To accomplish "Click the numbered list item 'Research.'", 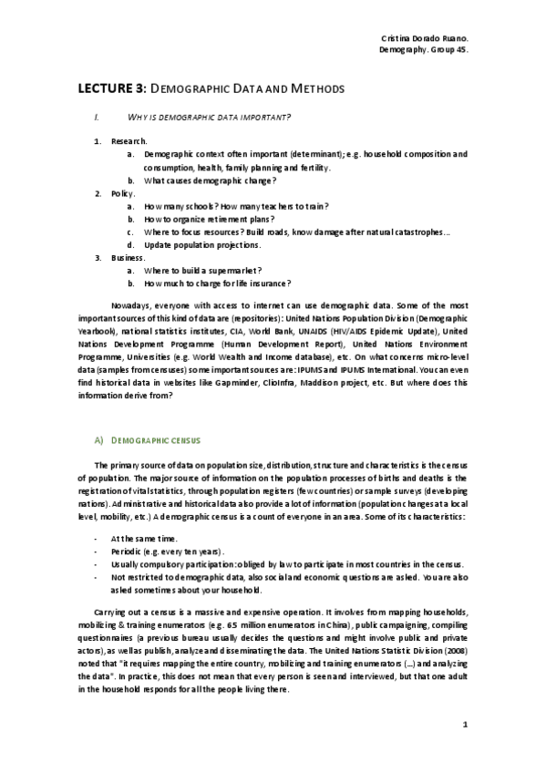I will click(x=129, y=142).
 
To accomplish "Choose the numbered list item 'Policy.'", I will click(x=123, y=194).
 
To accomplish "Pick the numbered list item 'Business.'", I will click(x=129, y=258).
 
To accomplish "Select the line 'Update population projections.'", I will click(x=202, y=245).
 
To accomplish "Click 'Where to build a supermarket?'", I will click(x=203, y=271).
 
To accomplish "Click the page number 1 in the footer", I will click(x=465, y=725).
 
